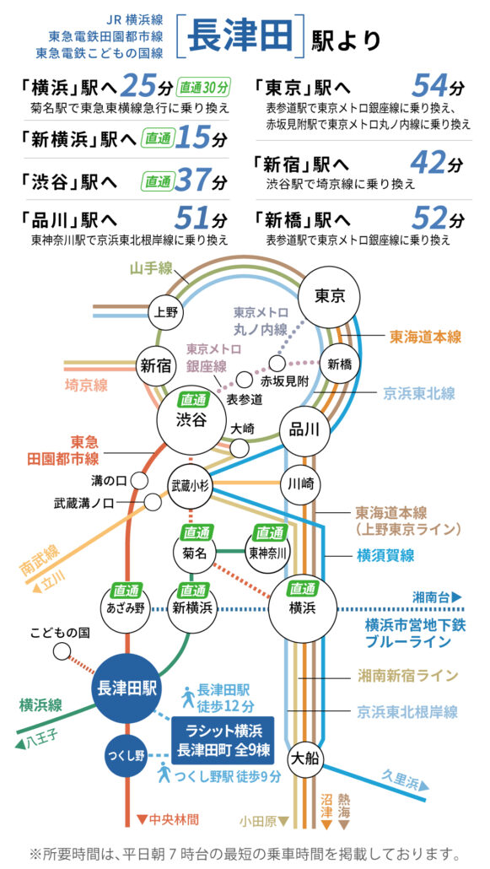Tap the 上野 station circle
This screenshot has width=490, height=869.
164,312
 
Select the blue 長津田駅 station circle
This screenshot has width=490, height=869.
127,689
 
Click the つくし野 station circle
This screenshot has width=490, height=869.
127,755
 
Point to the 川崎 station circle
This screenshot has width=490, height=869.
300,484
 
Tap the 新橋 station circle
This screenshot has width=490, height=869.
340,364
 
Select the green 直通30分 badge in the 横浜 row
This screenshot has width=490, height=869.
203,88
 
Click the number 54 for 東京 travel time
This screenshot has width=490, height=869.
429,86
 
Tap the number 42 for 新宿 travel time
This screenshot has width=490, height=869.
429,163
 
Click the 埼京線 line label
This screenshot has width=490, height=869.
86,385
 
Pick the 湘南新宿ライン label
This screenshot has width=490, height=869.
407,676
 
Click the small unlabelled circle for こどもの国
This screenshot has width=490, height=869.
62,650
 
